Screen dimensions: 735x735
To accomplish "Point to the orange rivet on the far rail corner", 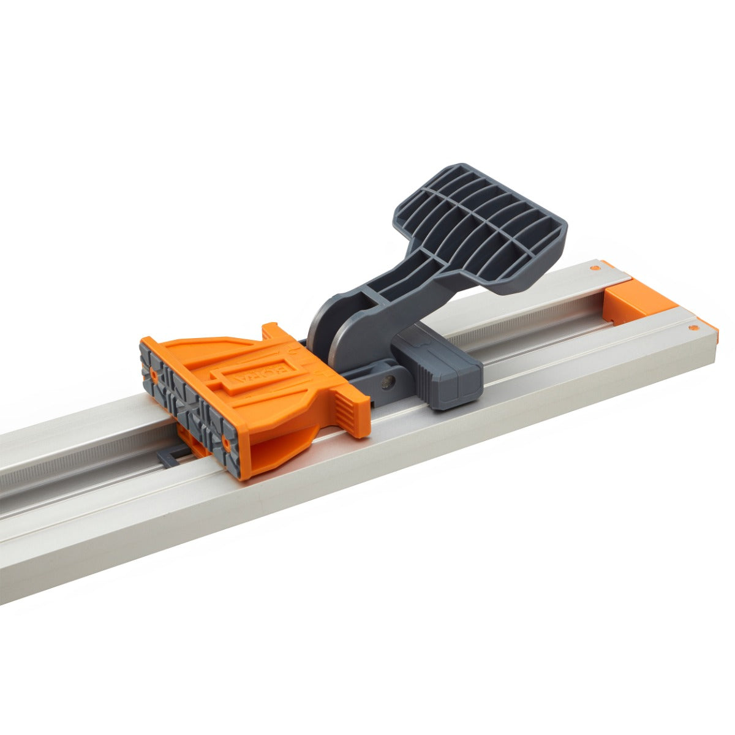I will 593,268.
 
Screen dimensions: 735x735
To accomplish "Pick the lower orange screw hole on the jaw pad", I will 227,440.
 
